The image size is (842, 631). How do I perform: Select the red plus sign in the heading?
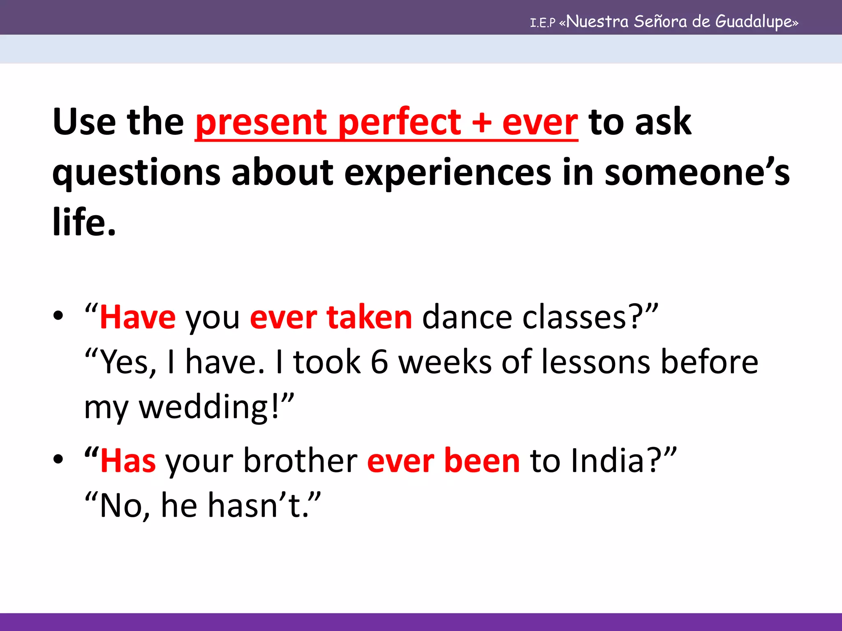[481, 123]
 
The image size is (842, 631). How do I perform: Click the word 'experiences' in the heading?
[447, 173]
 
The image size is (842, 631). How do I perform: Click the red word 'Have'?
[138, 318]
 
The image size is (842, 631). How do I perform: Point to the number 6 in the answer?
[379, 362]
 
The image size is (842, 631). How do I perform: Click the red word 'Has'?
[128, 461]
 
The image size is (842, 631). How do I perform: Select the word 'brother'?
[301, 461]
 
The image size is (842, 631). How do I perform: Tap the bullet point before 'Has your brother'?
[58, 459]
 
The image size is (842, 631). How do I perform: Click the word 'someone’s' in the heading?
[697, 173]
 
